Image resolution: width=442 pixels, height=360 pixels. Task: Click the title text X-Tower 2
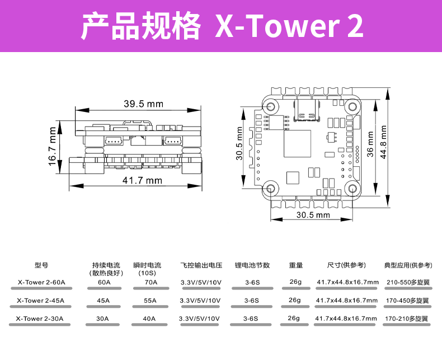click(289, 26)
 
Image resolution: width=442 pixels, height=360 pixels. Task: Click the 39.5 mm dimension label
click(143, 104)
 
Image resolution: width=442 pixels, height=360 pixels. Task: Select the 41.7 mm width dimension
click(142, 180)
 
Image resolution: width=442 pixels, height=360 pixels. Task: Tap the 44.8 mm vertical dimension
click(383, 142)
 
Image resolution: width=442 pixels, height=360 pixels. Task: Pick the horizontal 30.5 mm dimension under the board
click(313, 215)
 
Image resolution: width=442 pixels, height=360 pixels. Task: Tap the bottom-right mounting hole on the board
click(352, 188)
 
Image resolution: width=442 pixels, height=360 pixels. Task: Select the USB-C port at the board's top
click(307, 109)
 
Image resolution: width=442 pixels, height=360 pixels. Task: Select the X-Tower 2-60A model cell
click(41, 282)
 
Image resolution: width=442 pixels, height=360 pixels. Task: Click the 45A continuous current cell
click(103, 301)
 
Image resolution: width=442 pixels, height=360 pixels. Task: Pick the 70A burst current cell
click(151, 282)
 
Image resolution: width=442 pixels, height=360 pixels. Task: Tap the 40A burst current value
click(149, 319)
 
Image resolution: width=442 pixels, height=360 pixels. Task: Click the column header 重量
click(295, 265)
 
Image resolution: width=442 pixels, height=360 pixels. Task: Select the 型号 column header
click(41, 265)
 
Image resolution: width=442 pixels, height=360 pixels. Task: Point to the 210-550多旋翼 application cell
click(408, 282)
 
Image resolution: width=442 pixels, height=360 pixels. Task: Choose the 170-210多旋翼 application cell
click(407, 319)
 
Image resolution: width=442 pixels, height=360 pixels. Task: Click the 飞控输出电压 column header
click(201, 265)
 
